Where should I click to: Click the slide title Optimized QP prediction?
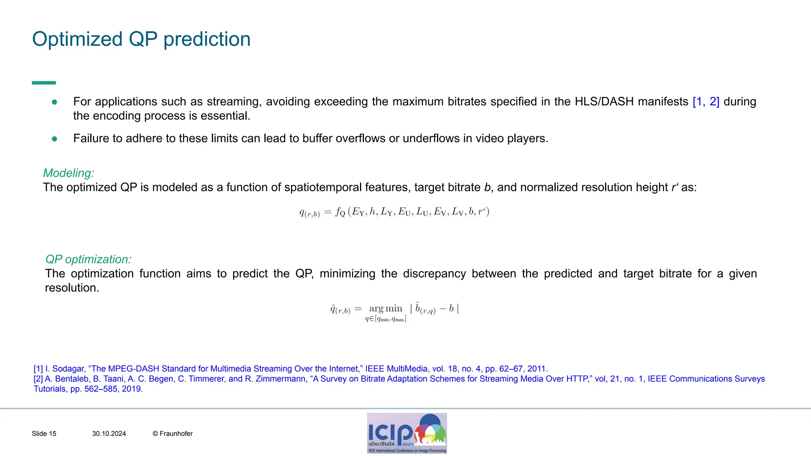coord(141,39)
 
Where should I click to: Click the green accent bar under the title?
coord(44,83)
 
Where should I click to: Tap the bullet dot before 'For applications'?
coord(55,102)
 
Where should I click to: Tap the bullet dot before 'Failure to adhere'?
coord(55,139)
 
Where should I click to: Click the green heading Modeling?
coord(69,173)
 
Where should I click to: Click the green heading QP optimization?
coord(88,259)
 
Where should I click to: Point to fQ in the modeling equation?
coord(340,212)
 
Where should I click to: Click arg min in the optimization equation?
coord(385,308)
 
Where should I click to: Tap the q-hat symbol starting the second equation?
coord(333,309)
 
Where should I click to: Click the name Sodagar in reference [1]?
coord(68,369)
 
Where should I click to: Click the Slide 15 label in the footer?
coord(44,434)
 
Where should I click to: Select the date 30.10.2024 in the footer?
coord(109,434)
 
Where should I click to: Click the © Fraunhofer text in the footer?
coord(173,434)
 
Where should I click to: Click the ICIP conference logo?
coord(407,433)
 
